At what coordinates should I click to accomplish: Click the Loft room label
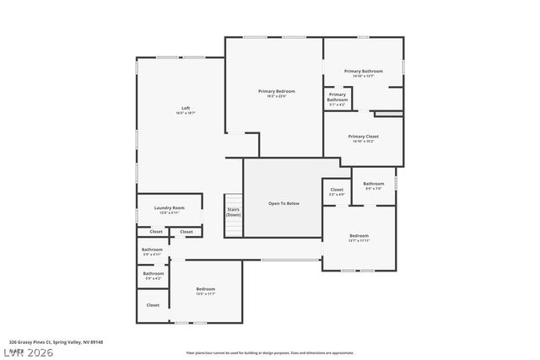186,108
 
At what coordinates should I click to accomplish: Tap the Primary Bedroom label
277,91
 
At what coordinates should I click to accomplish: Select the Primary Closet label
363,137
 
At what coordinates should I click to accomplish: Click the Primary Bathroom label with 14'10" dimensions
364,72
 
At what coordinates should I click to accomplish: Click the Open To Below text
283,203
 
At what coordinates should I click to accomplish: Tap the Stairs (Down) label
234,212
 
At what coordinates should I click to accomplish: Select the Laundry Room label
170,208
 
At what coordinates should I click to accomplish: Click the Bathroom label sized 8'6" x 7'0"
373,184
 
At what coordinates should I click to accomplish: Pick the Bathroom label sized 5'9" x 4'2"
154,274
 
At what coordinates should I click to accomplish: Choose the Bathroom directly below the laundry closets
153,250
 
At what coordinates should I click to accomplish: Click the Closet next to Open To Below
337,191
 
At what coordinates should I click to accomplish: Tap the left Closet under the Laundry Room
156,231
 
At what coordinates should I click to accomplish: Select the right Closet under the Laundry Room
186,231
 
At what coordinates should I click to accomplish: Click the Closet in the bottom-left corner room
153,305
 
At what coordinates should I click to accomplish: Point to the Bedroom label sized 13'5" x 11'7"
206,290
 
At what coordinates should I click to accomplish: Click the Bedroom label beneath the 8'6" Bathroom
359,237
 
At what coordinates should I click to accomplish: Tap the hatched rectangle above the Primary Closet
387,113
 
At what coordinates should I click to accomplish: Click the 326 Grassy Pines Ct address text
56,342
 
